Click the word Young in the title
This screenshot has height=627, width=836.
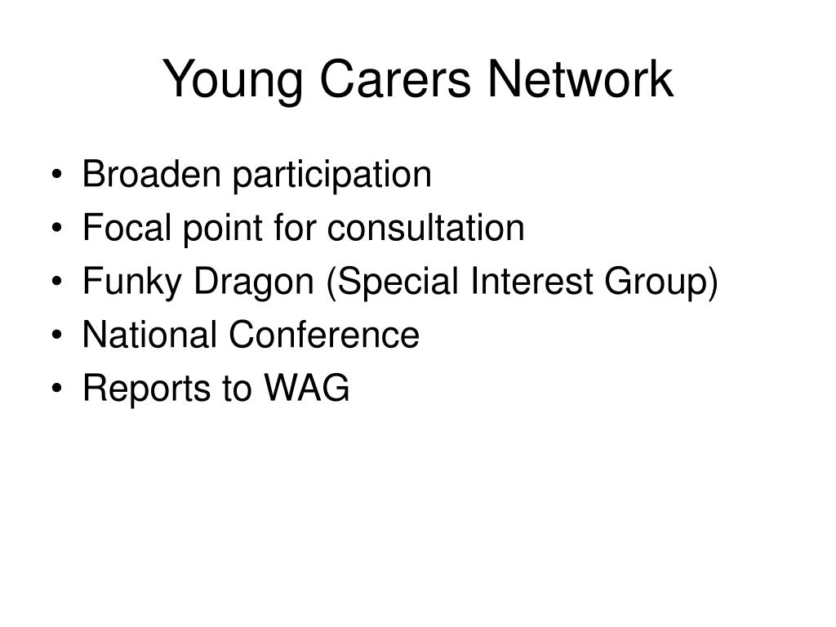tap(233, 81)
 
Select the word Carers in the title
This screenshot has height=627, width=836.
tap(395, 79)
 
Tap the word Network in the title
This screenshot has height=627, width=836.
tap(580, 79)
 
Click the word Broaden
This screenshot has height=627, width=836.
tap(151, 174)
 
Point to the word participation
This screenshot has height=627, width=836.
tap(331, 176)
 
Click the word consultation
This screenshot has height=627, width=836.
tap(425, 228)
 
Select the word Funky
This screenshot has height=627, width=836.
tap(131, 282)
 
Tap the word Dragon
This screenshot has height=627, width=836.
tap(253, 282)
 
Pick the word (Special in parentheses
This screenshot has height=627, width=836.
tap(393, 282)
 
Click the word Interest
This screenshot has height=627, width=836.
tap(531, 281)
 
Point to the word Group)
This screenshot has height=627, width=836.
tap(661, 282)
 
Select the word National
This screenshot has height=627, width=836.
tap(149, 334)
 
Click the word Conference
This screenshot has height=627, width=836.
tap(324, 334)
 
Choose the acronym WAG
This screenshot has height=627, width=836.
tap(307, 388)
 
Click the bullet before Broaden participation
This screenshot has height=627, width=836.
tap(57, 175)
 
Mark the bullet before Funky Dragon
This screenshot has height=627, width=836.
tap(57, 282)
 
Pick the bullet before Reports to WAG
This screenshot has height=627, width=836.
tap(57, 388)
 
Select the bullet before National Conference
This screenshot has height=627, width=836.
tap(57, 335)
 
